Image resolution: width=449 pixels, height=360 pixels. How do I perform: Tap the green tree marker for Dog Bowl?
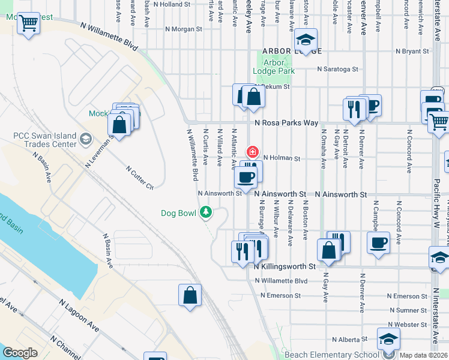pos(206,212)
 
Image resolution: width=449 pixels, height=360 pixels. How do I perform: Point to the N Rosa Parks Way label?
pos(286,122)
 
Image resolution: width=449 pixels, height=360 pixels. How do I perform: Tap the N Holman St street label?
pos(281,158)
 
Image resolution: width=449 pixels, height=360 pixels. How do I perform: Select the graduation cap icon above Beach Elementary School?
pos(388,340)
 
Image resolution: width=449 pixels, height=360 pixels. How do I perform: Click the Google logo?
pos(20,353)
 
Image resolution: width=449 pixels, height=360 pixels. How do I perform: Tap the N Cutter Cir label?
pos(140,178)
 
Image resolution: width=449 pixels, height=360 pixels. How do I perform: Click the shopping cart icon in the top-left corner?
pos(29,24)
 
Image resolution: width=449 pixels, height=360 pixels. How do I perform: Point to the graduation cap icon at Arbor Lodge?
pos(306,40)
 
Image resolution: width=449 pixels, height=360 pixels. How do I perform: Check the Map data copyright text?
pos(423,355)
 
